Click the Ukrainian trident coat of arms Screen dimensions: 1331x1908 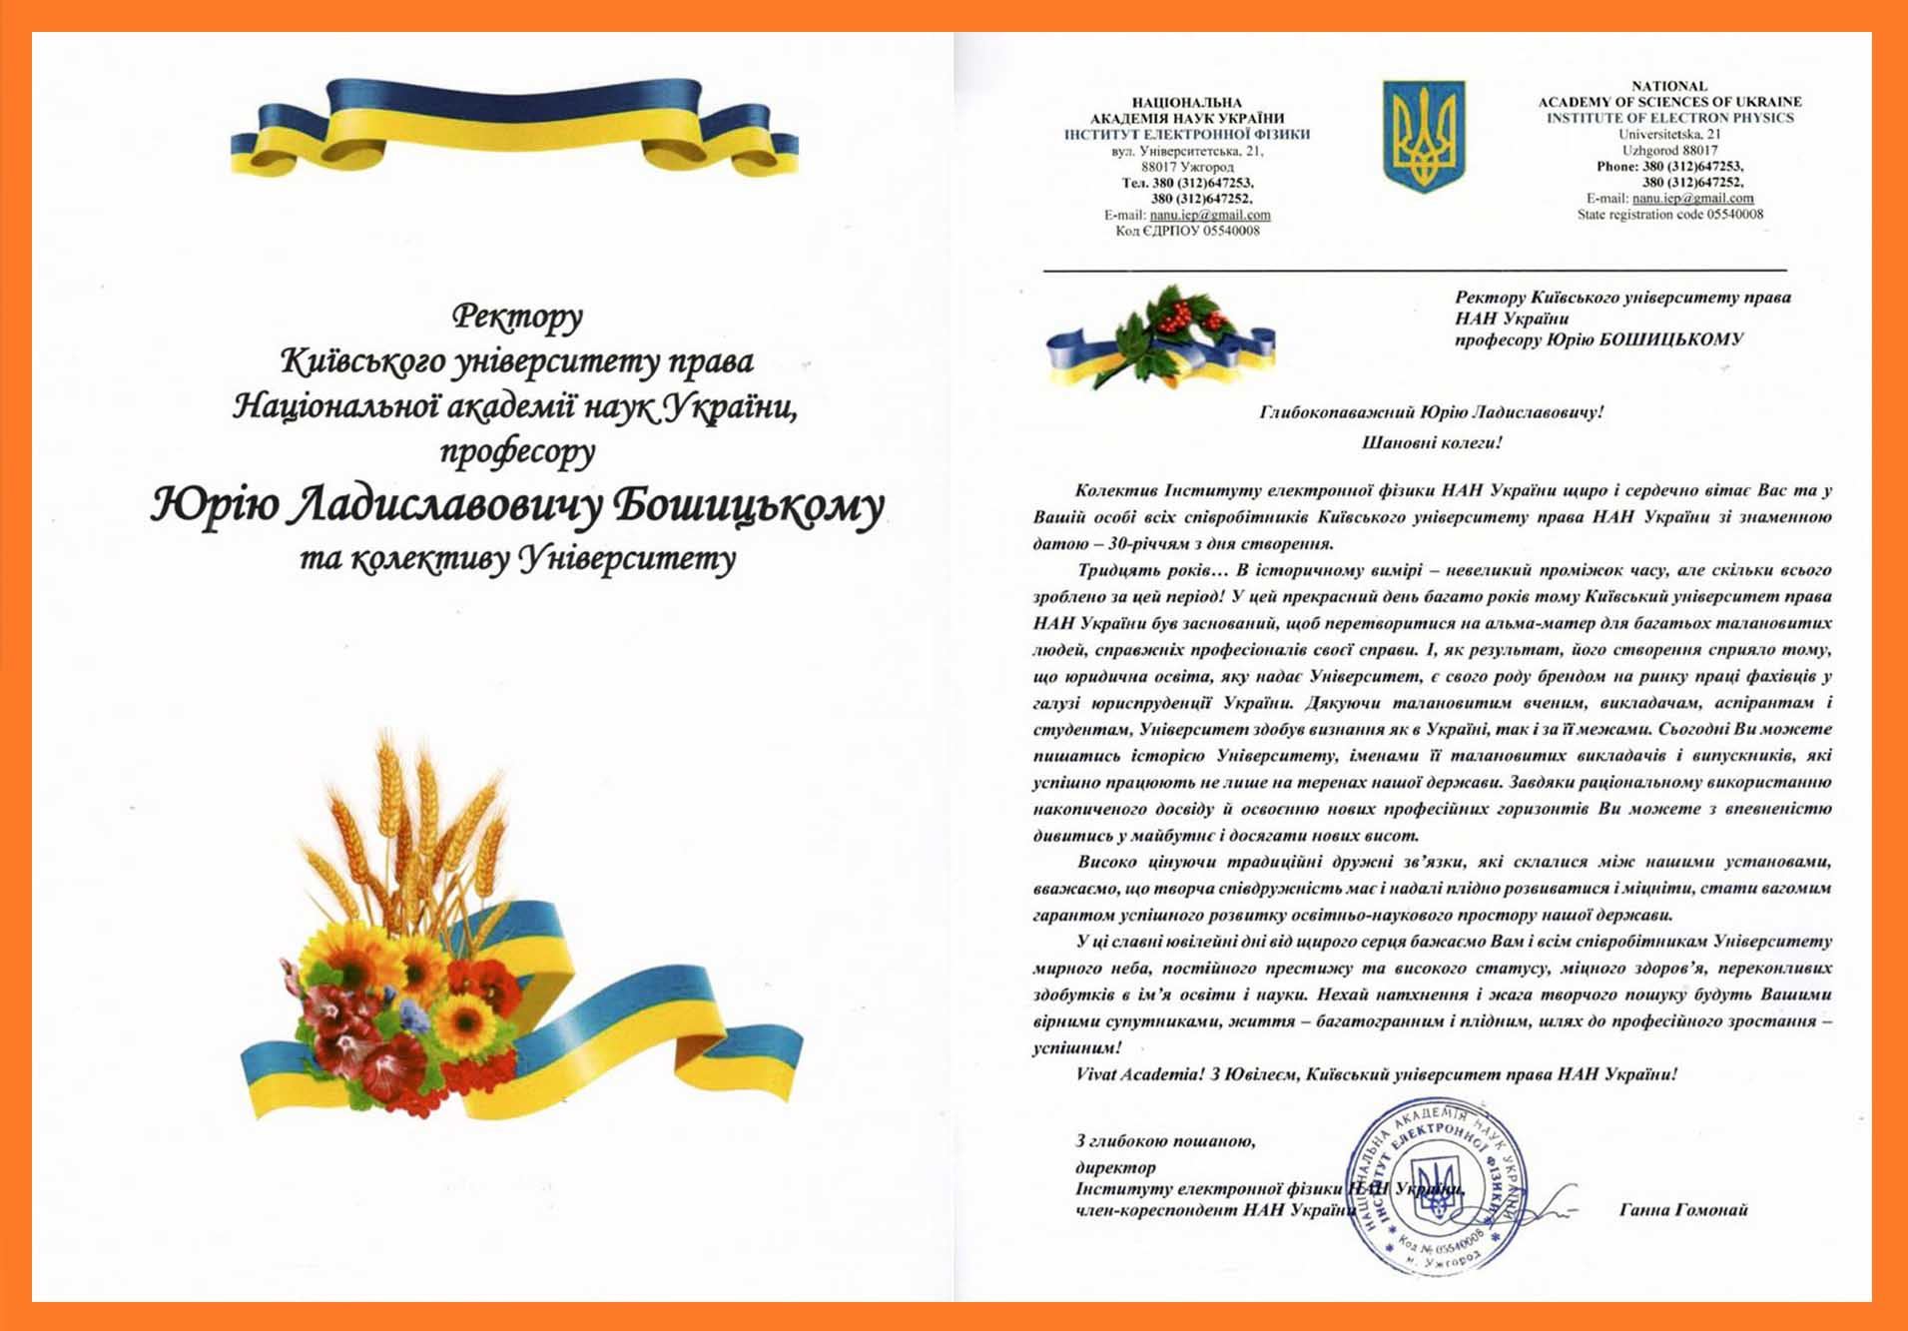[x=1422, y=136]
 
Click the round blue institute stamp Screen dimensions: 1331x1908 [x=1437, y=1186]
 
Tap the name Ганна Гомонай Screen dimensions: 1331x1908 [x=1682, y=1210]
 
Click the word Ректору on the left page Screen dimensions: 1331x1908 [x=516, y=317]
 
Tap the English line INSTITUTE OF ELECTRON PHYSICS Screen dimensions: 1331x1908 [x=1669, y=118]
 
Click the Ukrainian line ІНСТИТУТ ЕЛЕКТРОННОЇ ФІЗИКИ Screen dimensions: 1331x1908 [x=1186, y=134]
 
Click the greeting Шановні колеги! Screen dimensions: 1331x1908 [x=1431, y=441]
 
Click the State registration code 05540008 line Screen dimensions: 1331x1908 [x=1669, y=214]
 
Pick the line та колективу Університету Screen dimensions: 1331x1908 [x=517, y=559]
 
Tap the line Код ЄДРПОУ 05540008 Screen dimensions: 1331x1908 [x=1186, y=231]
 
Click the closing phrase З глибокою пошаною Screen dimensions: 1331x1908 [x=1165, y=1140]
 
